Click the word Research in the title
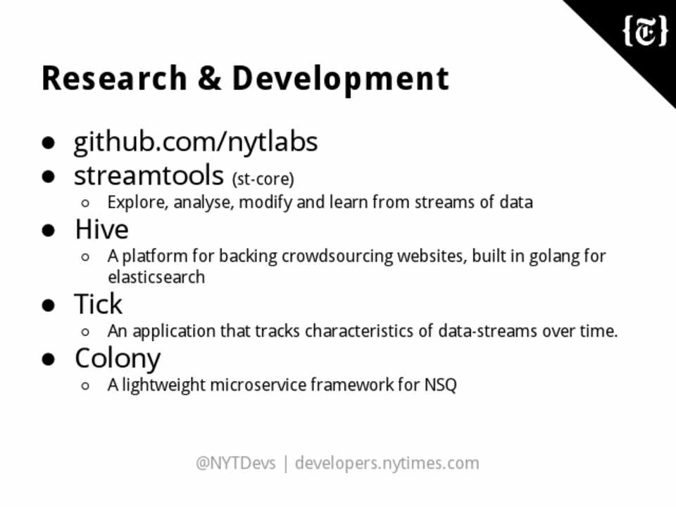114,78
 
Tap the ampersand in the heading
210,78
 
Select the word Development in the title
341,80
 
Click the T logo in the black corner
646,30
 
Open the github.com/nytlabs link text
196,142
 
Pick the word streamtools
149,176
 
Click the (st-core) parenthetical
263,179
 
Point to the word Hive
101,229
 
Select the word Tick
99,303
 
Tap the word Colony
118,359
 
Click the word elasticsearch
156,277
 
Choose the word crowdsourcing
337,256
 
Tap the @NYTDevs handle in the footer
235,463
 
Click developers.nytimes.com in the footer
387,464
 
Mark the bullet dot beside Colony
49,359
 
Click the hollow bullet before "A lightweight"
85,385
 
